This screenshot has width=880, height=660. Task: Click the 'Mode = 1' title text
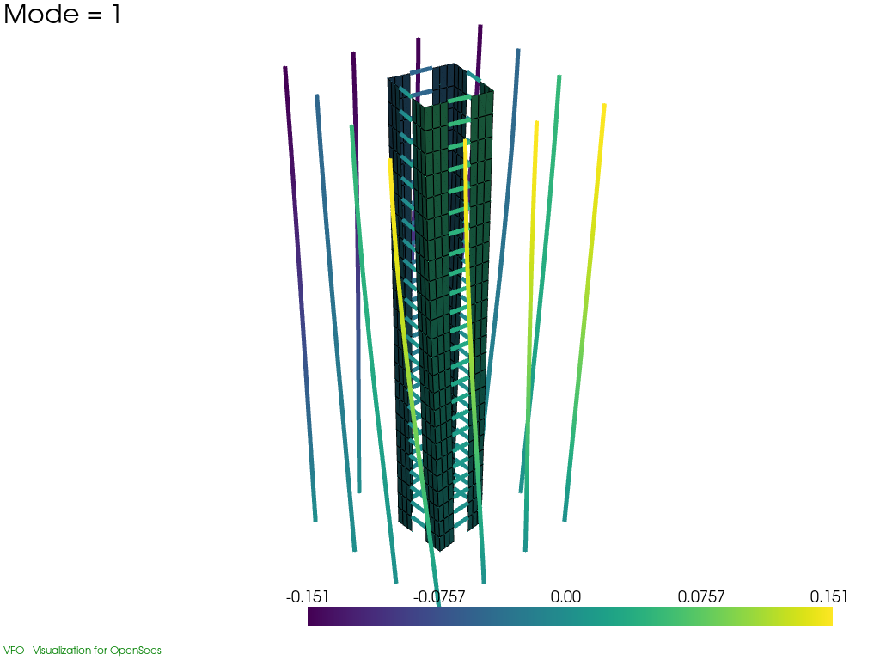point(62,14)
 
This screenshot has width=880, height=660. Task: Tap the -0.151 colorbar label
point(307,596)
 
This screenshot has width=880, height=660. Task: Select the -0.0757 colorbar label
point(439,596)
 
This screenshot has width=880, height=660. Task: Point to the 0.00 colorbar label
point(565,596)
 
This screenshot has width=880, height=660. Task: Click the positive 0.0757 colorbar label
point(701,596)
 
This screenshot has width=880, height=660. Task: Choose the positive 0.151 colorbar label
point(828,596)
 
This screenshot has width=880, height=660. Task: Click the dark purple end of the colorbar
point(310,617)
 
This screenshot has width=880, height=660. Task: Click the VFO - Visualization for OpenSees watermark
point(82,650)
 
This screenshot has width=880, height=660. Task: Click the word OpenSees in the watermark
point(135,650)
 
